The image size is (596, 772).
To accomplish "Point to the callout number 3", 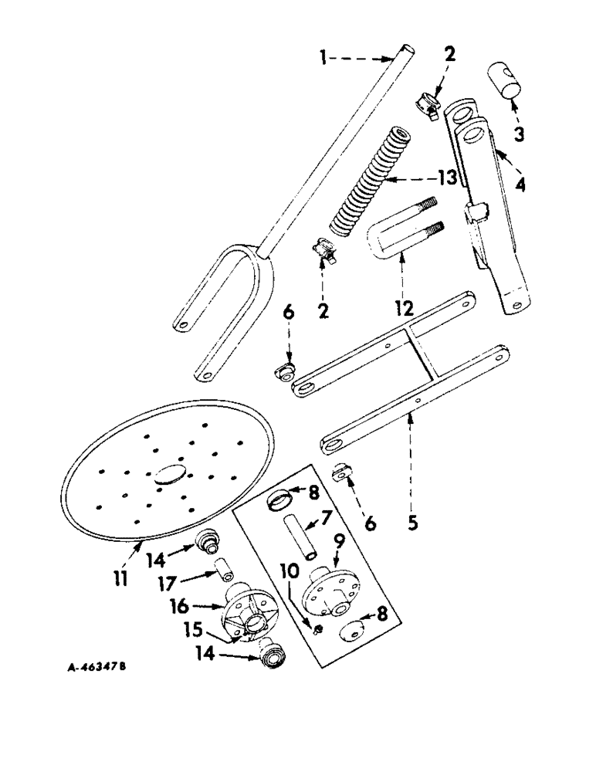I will pyautogui.click(x=520, y=134).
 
